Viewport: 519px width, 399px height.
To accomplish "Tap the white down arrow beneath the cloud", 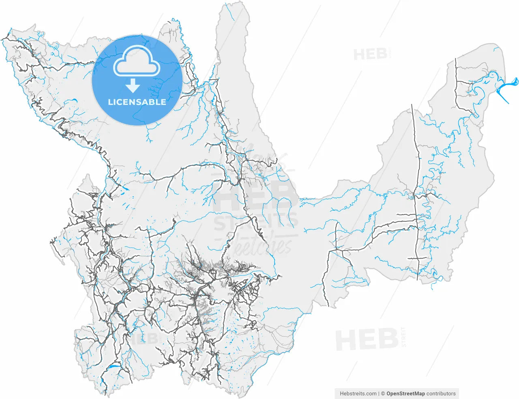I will (x=133, y=86).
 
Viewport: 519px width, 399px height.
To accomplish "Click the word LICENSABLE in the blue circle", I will (x=137, y=102).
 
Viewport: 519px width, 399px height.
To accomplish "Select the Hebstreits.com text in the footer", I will (x=358, y=393).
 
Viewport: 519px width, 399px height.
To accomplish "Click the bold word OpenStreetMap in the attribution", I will (x=405, y=393).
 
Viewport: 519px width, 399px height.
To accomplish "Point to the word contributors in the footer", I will (x=441, y=393).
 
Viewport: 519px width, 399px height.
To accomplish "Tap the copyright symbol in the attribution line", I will (x=383, y=393).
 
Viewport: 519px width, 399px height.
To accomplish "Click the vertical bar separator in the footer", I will (x=378, y=393).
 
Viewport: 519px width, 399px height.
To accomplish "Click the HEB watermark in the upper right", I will (x=370, y=54).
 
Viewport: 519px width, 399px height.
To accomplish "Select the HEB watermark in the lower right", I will (x=367, y=340).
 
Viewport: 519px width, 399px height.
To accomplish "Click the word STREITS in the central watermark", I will (x=255, y=222).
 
